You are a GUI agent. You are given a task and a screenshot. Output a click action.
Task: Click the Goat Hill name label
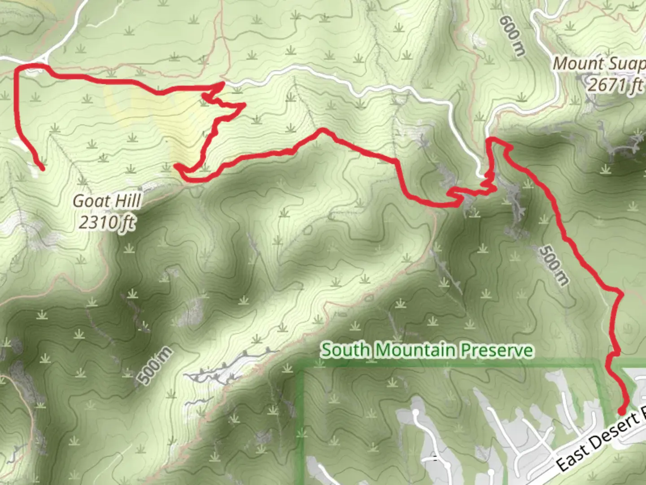coord(107,201)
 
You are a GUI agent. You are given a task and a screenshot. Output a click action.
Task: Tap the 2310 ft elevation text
coord(107,222)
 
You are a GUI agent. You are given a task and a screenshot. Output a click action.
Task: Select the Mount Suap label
coord(599,64)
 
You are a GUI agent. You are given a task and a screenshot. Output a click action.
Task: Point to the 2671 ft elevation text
coord(615,84)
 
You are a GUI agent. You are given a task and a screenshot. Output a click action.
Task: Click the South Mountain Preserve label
coord(427,350)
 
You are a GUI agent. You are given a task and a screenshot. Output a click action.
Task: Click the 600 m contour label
coord(512,36)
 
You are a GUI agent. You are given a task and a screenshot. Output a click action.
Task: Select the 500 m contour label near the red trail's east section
coord(554,265)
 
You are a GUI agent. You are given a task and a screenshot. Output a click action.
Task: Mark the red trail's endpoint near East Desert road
coord(622,411)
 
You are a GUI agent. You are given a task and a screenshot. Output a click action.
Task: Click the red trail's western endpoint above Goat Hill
coord(42,169)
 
